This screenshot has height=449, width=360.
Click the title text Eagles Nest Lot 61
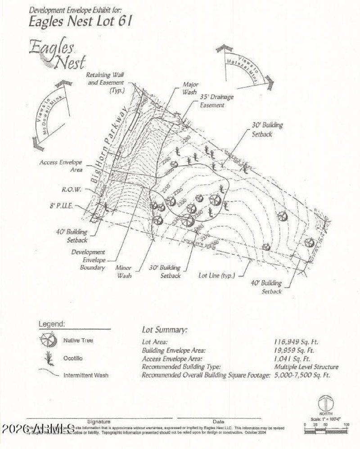[x=81, y=21]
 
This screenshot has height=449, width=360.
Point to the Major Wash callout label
[x=190, y=88]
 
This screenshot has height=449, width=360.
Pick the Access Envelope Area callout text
[x=61, y=166]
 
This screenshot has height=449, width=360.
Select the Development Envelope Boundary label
[x=88, y=260]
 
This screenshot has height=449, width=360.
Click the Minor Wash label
[x=124, y=271]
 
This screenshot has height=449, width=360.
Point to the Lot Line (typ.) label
[x=216, y=275]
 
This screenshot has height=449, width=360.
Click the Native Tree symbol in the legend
[x=48, y=341]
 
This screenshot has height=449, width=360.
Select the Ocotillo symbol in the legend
[x=47, y=358]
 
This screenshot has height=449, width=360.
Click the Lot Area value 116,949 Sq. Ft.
[x=293, y=342]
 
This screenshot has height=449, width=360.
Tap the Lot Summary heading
[x=164, y=330]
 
